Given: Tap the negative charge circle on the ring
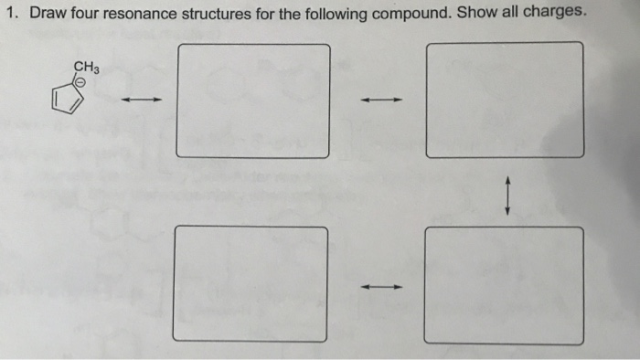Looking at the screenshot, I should tap(80, 80).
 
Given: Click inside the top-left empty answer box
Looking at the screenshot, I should tap(252, 101).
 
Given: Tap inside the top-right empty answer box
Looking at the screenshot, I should tap(505, 100).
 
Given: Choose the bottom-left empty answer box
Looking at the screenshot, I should tap(250, 283).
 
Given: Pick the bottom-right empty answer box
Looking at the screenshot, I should tap(504, 285).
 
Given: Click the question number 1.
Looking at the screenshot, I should tap(9, 14).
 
